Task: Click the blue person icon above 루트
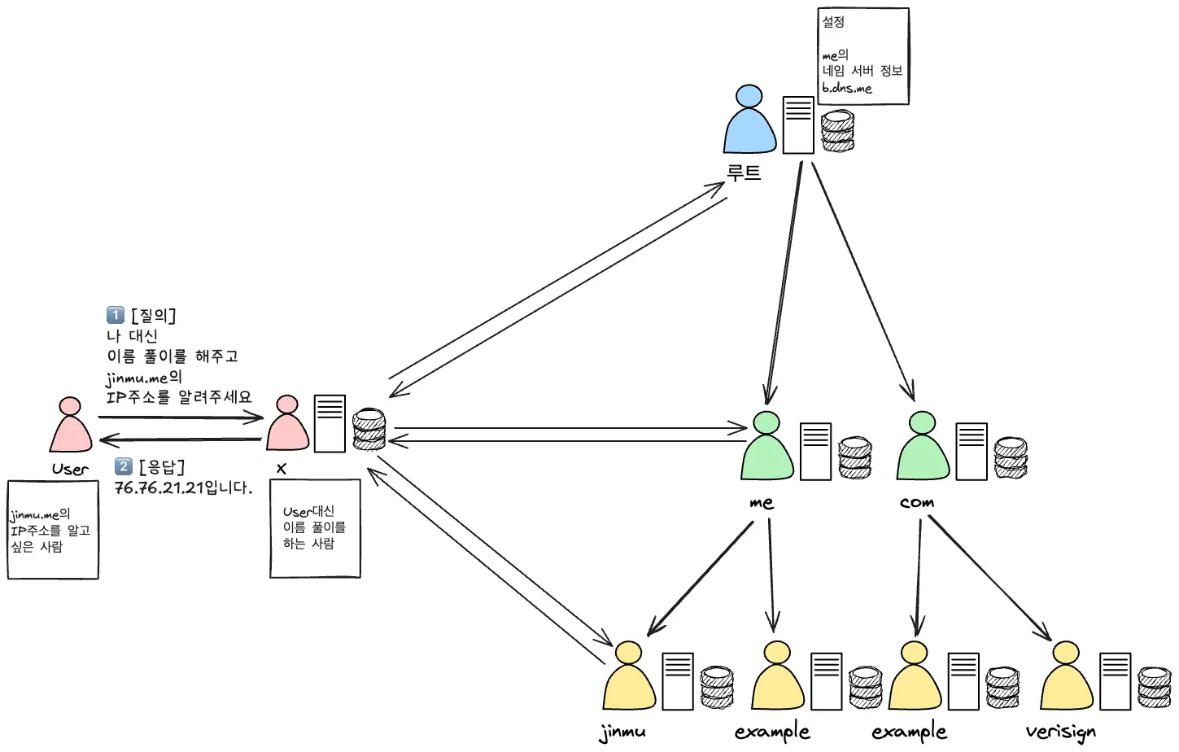[749, 121]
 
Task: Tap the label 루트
[744, 173]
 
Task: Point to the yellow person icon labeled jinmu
[629, 677]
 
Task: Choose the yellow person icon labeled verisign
[1066, 677]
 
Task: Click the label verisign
[1060, 732]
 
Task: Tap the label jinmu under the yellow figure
[622, 732]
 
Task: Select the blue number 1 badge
[116, 315]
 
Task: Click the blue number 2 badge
[124, 466]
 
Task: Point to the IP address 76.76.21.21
[159, 488]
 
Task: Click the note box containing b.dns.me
[862, 57]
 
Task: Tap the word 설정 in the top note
[833, 22]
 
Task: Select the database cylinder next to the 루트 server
[838, 133]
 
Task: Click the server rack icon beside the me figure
[815, 451]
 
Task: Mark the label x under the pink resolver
[282, 469]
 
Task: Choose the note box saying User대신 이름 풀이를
[315, 528]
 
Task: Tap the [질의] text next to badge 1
[153, 315]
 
